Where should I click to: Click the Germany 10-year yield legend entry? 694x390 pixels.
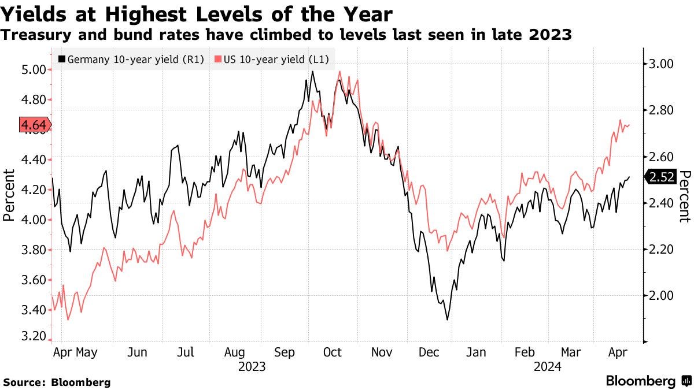coord(131,59)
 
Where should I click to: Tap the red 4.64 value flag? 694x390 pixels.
coord(35,125)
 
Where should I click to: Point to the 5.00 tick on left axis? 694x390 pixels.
coord(32,69)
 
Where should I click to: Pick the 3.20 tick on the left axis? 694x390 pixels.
coord(32,336)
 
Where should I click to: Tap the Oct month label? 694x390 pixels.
coord(333,352)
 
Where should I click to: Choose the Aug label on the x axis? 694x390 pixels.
coord(235,352)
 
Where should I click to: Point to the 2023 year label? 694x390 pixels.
coord(252,366)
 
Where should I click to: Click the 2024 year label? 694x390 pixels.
coord(548,366)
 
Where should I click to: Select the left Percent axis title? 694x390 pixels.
coord(9,195)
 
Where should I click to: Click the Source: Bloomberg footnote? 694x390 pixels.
coord(57,382)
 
